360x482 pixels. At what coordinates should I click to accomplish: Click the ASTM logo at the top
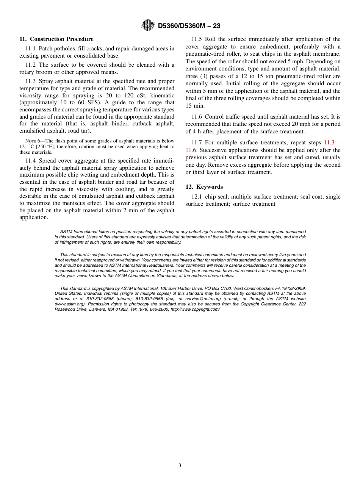point(147,25)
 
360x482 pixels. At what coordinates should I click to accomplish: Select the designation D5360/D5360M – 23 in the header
point(189,26)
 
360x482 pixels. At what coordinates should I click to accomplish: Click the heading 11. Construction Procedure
point(56,39)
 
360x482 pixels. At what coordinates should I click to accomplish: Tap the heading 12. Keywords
point(204,187)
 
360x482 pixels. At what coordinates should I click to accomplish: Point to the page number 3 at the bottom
point(180,466)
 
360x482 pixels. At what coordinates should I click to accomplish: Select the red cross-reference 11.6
point(191,150)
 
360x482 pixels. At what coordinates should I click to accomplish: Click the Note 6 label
point(33,141)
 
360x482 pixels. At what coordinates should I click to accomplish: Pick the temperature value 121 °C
point(27,147)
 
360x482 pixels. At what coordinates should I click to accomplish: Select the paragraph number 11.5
point(197,39)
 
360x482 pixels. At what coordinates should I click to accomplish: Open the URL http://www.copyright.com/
point(195,309)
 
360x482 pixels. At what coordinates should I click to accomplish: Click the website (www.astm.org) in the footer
point(69,304)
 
